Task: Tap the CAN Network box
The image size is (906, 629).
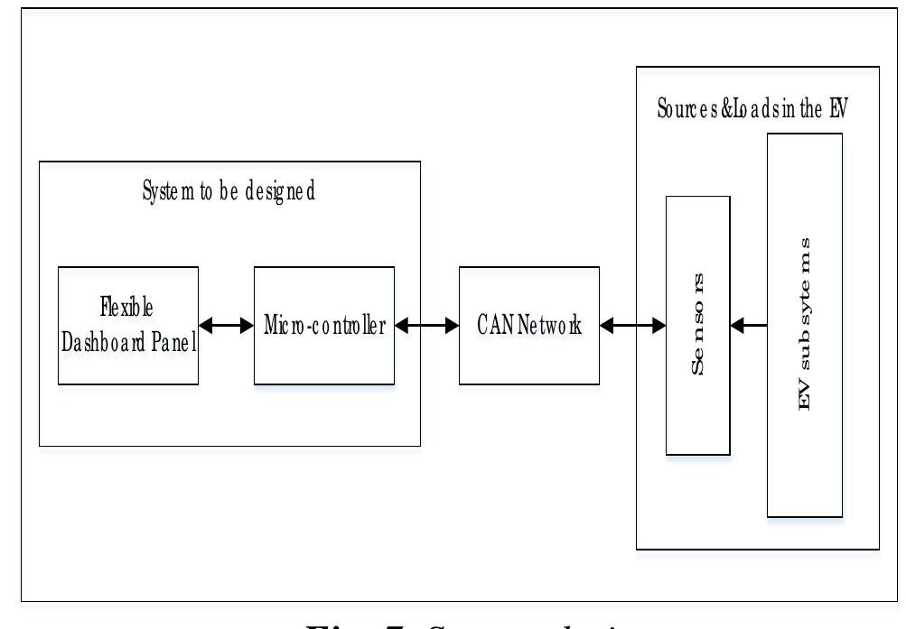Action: coord(528,325)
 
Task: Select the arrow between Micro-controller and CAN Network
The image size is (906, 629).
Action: coord(426,325)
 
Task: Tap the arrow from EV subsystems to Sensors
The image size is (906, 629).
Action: coord(749,325)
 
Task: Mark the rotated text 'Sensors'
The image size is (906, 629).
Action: coord(698,326)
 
